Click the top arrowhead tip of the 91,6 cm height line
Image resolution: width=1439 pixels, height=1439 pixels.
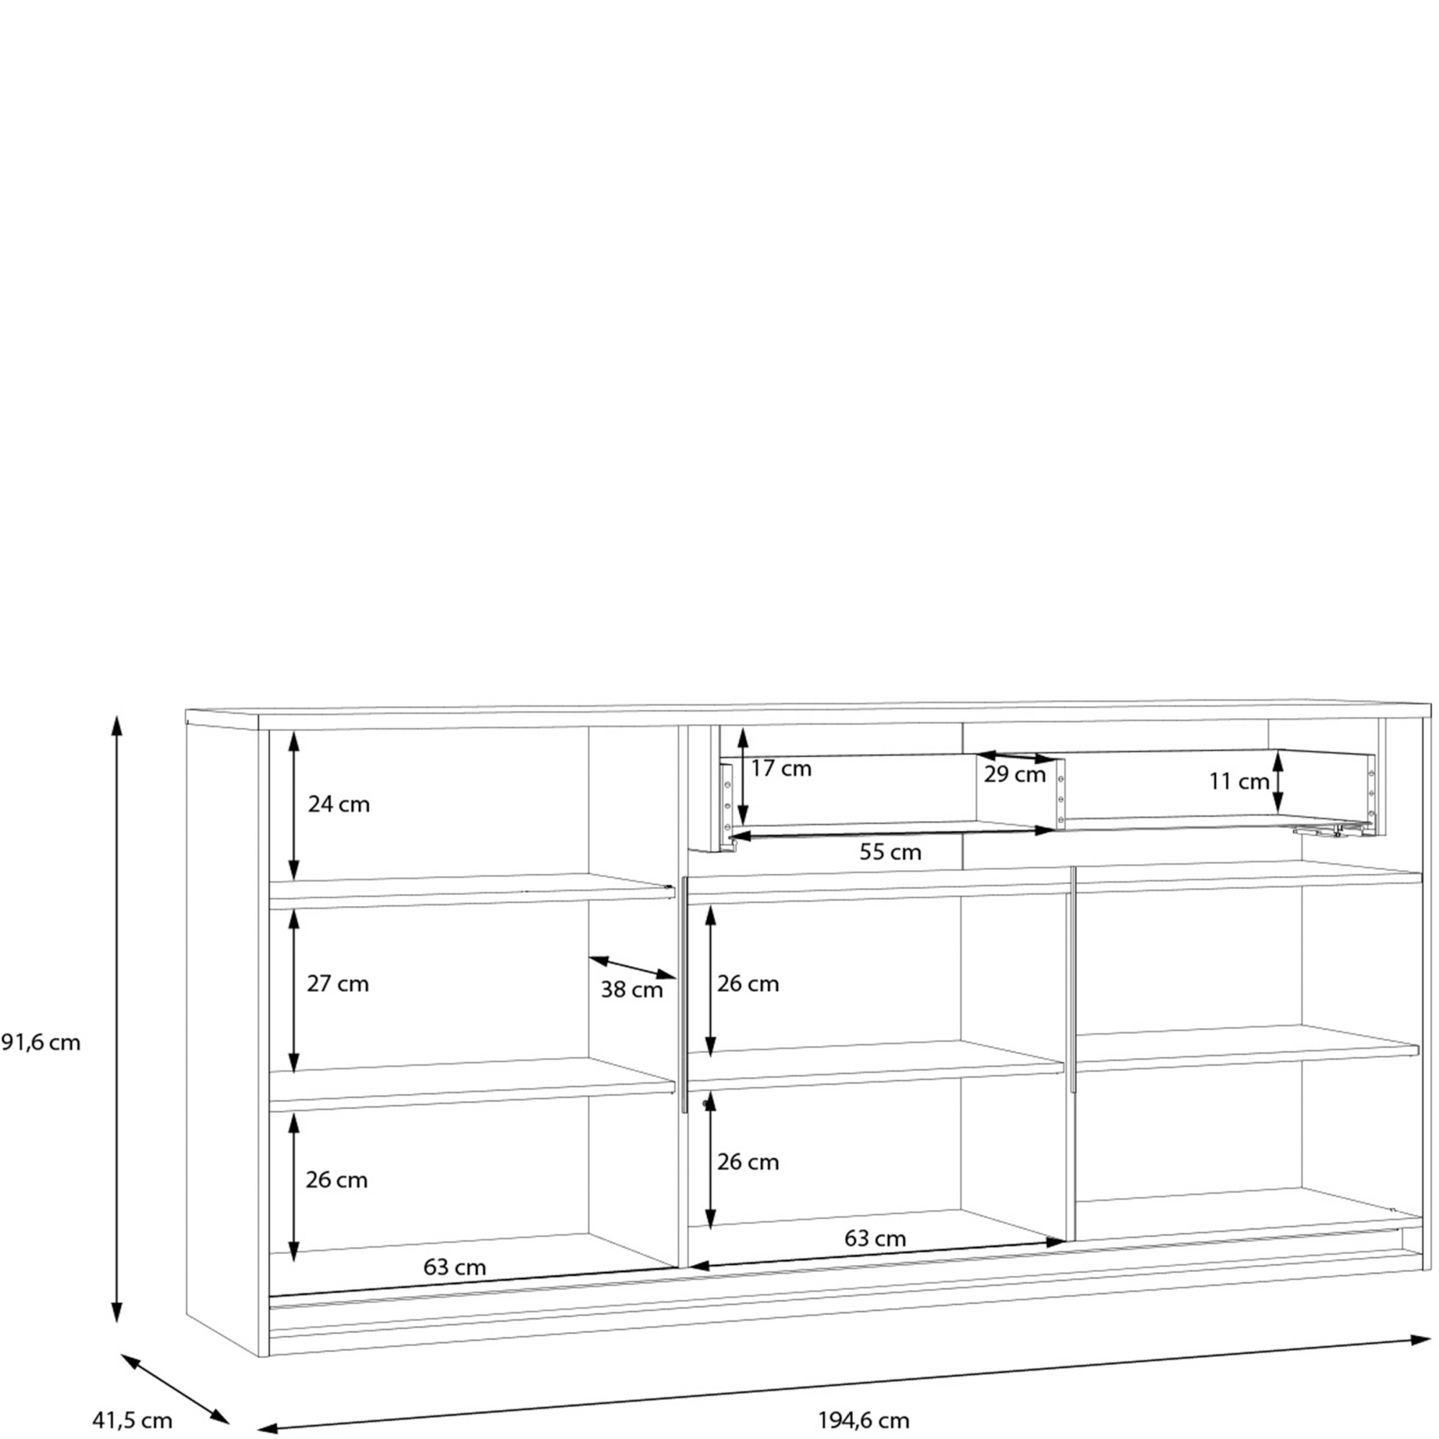pyautogui.click(x=116, y=716)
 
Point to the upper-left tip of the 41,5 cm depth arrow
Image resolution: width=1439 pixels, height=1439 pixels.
pyautogui.click(x=122, y=1355)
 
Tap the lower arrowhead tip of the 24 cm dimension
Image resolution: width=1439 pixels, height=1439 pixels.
pyautogui.click(x=294, y=880)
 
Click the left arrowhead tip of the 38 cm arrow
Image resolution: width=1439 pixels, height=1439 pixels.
pyautogui.click(x=589, y=957)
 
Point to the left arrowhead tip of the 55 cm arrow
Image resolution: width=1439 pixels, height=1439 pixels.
pyautogui.click(x=732, y=837)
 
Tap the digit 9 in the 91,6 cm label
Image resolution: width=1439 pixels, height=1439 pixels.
pyautogui.click(x=9, y=1043)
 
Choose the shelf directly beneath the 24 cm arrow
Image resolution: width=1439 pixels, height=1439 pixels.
pyautogui.click(x=472, y=891)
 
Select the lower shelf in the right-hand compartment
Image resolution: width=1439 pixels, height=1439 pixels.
pyautogui.click(x=1247, y=1049)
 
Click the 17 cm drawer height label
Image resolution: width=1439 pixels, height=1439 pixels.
pyautogui.click(x=781, y=768)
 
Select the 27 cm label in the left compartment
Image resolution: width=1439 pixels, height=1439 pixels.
pyautogui.click(x=337, y=984)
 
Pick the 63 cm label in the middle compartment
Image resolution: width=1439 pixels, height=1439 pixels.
pyautogui.click(x=875, y=1239)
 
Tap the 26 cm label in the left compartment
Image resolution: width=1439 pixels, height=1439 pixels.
pyautogui.click(x=337, y=1180)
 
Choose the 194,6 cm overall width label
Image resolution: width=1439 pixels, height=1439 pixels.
pyautogui.click(x=864, y=1420)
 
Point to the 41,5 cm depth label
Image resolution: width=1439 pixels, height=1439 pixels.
pyautogui.click(x=132, y=1420)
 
